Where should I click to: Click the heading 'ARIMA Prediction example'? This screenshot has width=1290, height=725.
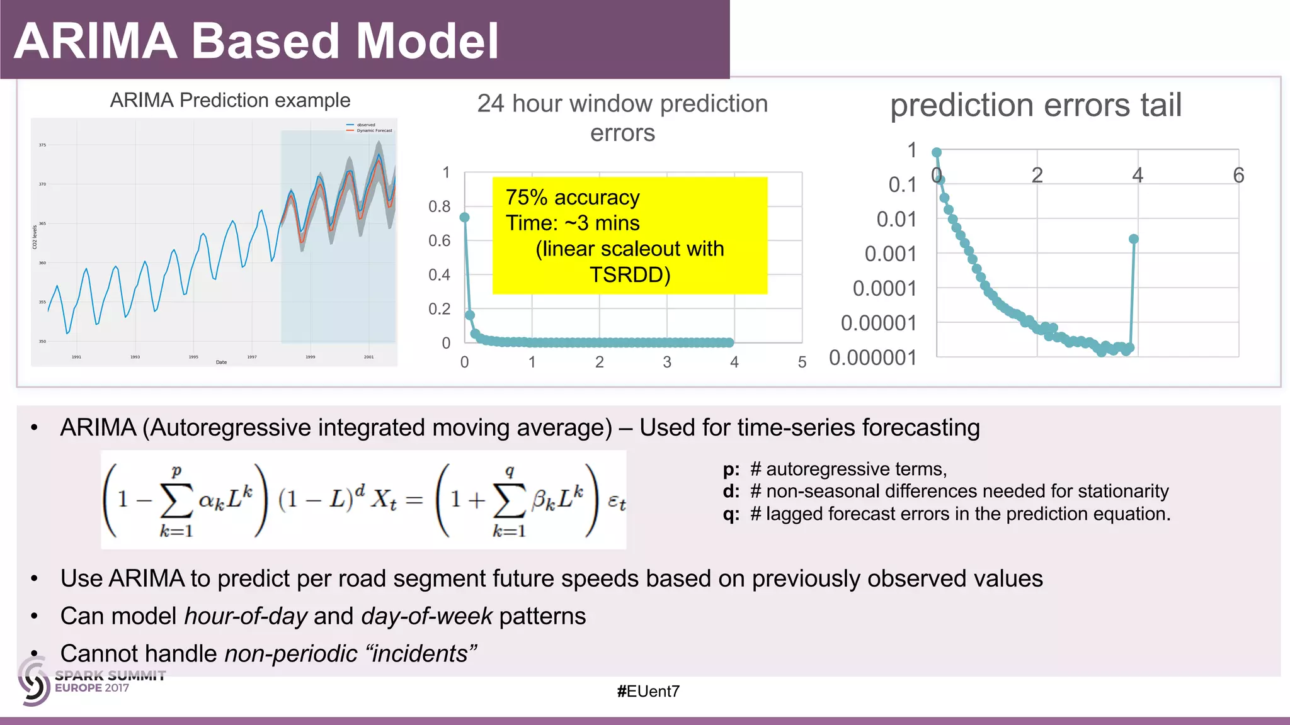[x=230, y=100]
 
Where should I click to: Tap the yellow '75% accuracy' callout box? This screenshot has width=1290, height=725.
[x=629, y=235]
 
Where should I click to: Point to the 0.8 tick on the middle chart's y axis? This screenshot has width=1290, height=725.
[x=439, y=206]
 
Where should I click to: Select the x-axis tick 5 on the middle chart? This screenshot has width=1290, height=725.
[x=802, y=362]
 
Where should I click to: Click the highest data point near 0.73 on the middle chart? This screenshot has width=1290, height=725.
[x=465, y=217]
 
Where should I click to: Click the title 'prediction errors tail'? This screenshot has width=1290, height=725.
[x=1036, y=105]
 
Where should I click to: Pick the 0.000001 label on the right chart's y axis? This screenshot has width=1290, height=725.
[x=872, y=357]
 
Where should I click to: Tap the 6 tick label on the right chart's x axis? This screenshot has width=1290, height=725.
[x=1238, y=175]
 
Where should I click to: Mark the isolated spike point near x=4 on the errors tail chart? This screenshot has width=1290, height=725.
[x=1134, y=239]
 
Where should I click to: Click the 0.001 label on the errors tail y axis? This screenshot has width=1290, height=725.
[x=890, y=254]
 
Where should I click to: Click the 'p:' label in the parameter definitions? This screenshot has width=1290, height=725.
[x=731, y=469]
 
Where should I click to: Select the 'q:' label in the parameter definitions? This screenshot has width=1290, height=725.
[x=731, y=514]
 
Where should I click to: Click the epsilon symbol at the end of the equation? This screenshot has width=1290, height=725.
[x=616, y=502]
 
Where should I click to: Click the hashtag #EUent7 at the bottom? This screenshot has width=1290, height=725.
[x=648, y=692]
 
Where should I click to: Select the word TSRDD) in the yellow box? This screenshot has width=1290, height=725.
[x=629, y=275]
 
